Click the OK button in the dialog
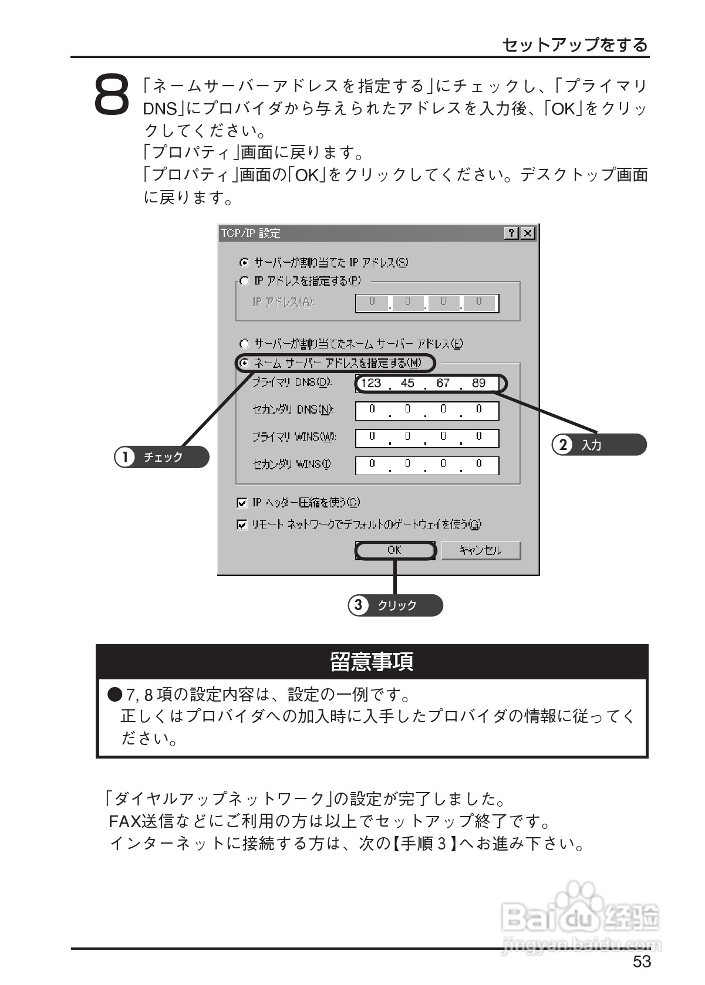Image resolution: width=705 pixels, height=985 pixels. (394, 550)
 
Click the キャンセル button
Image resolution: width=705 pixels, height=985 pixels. (480, 550)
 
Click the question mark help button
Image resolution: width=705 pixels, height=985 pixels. (512, 233)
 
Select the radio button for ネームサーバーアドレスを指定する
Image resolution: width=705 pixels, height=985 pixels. (245, 363)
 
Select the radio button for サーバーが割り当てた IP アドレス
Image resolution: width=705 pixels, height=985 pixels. (245, 262)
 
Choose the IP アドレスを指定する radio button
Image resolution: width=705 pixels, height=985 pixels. (245, 281)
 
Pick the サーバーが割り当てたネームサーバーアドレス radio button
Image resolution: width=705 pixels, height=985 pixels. (245, 344)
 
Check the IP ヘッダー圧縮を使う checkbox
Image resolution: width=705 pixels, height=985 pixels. (242, 503)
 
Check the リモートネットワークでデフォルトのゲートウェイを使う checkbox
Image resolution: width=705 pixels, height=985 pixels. (242, 524)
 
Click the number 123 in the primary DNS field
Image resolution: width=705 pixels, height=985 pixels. (371, 384)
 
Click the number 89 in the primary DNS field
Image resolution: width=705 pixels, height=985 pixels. (479, 384)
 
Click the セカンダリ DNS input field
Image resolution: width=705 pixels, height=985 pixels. (427, 411)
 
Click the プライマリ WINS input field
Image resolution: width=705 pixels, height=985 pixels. (427, 438)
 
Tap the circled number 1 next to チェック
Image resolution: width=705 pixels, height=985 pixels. (124, 457)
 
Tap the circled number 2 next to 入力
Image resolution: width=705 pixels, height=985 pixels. (563, 445)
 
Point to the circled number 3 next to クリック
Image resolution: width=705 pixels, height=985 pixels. (358, 605)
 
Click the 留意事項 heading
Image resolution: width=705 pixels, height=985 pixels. (372, 662)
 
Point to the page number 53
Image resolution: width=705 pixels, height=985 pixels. (642, 962)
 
